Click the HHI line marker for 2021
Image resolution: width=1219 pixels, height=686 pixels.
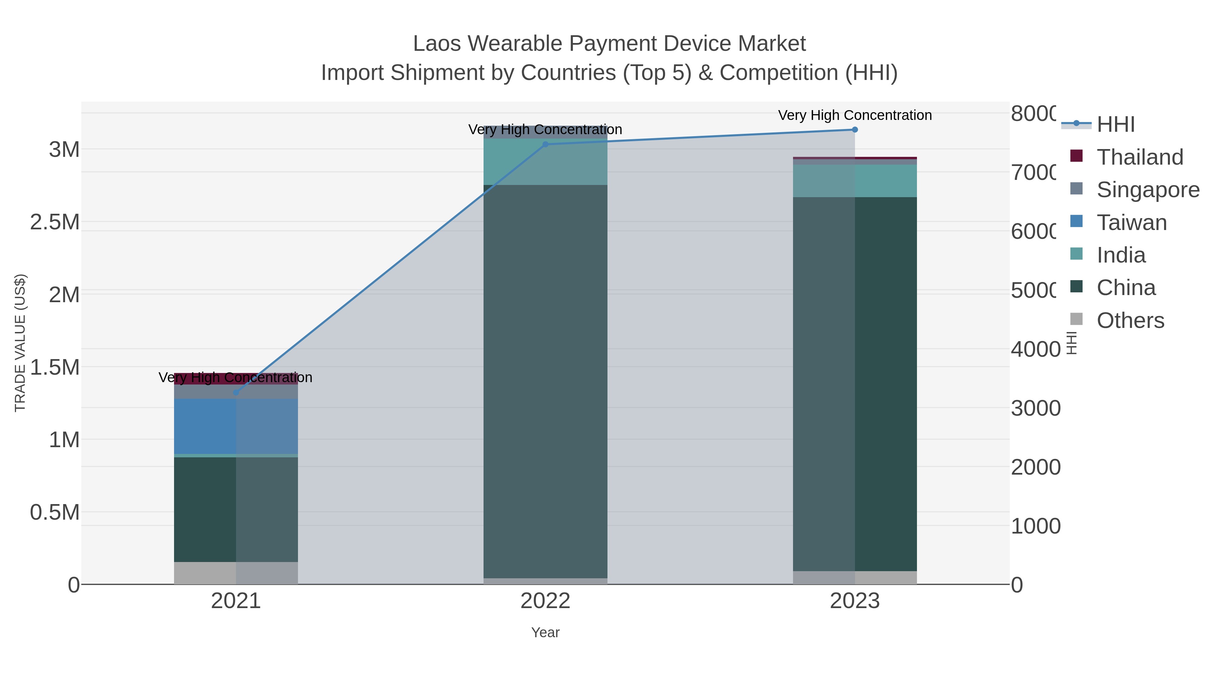tap(236, 393)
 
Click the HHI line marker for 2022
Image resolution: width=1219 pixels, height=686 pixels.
tap(545, 144)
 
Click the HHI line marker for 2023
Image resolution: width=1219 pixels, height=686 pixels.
tap(855, 130)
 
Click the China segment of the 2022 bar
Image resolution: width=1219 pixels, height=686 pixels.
tap(545, 379)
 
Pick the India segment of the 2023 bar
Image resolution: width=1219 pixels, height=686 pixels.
tap(855, 181)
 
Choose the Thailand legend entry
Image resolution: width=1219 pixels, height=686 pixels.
tap(1139, 157)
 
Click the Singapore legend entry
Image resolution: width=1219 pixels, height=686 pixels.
tap(1148, 190)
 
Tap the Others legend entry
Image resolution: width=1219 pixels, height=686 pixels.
tap(1130, 320)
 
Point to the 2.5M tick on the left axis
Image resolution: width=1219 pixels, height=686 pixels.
tap(55, 222)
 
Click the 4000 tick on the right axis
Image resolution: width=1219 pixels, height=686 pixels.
tap(1035, 349)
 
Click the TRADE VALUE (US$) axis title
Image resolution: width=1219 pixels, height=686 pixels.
tap(20, 343)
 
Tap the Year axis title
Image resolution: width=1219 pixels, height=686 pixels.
tap(545, 632)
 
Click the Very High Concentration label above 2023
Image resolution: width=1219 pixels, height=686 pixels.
tap(855, 115)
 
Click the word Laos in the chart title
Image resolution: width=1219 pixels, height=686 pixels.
tap(436, 44)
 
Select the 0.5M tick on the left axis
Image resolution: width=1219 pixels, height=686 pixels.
tap(55, 512)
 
